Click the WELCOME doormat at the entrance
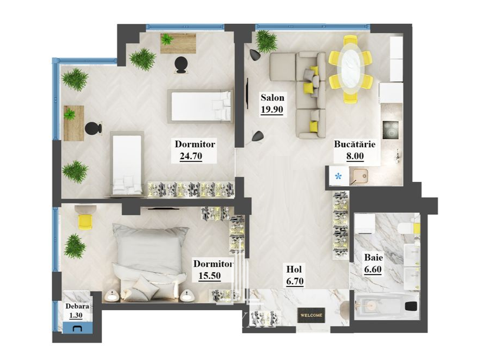(312, 315)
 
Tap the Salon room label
(272, 97)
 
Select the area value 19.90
(272, 109)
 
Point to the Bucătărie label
(354, 144)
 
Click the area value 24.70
(191, 156)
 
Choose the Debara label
(77, 306)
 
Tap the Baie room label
(373, 258)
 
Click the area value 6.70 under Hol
(295, 281)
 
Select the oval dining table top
(351, 68)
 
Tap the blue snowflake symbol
(338, 176)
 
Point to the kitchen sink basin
(361, 176)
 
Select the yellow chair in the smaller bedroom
(85, 221)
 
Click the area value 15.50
(210, 276)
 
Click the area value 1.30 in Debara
(76, 316)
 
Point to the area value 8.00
(355, 156)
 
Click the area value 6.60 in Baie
(373, 270)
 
